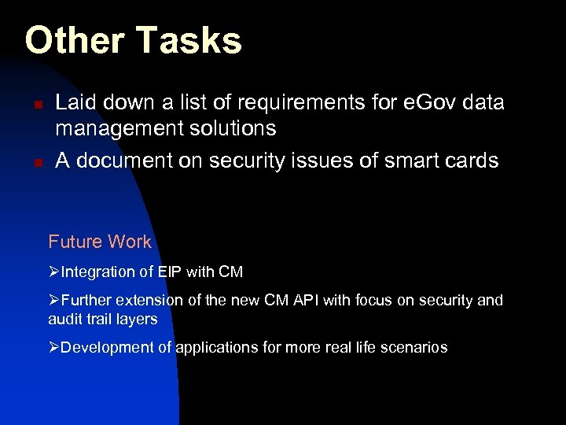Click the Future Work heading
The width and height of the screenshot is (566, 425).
[x=100, y=242]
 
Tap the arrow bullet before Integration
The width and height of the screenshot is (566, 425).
[x=54, y=272]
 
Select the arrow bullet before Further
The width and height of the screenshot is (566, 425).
[x=54, y=301]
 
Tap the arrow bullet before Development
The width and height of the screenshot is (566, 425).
[x=54, y=347]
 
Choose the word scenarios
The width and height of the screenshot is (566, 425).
[x=415, y=347]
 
